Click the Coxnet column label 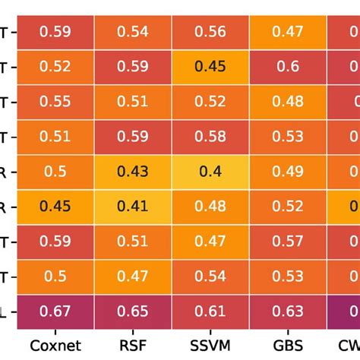pos(56,346)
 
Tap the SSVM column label pos(210,346)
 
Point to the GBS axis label pos(288,346)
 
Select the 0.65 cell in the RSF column pos(133,311)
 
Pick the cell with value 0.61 pos(210,311)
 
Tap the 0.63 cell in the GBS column pos(288,311)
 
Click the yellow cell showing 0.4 pos(210,172)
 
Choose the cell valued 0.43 pos(133,172)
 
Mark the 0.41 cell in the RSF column pos(133,207)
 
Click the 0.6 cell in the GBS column pos(288,67)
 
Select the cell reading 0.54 pos(133,32)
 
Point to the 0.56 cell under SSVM pos(210,32)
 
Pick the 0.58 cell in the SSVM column pos(210,137)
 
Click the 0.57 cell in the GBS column pos(288,242)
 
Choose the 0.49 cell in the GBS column pos(288,172)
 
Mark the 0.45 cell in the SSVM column pos(210,67)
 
